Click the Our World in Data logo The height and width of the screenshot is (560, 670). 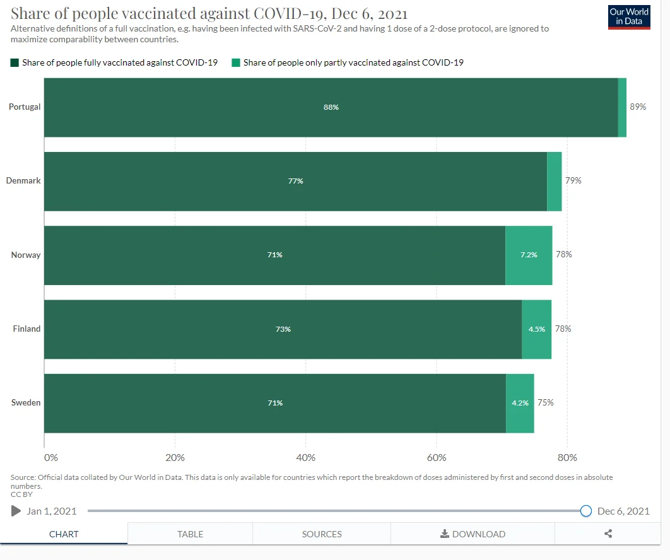tap(628, 17)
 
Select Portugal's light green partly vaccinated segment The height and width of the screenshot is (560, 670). tap(622, 107)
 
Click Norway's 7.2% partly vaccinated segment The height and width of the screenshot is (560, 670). tap(529, 255)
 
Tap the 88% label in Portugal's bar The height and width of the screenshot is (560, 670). tap(331, 107)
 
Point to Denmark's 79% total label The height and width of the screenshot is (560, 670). tap(573, 180)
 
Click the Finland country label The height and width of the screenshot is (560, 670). tap(26, 329)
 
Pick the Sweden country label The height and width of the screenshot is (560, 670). tap(26, 402)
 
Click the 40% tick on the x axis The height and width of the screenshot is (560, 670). tap(305, 457)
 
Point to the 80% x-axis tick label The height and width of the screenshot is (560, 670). tap(567, 457)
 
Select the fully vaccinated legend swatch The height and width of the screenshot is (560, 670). tap(15, 62)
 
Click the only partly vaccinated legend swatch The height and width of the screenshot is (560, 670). tap(236, 62)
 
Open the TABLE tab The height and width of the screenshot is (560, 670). tap(190, 534)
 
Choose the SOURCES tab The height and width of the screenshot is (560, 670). tap(322, 534)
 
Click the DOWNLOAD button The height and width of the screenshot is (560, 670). tap(473, 534)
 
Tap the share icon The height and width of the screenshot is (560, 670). tap(608, 534)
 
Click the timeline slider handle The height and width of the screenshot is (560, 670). tap(585, 511)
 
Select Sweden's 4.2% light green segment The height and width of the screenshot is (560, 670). tap(520, 403)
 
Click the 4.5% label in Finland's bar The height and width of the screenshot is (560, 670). tap(537, 329)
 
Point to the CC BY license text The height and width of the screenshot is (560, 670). tap(21, 494)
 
